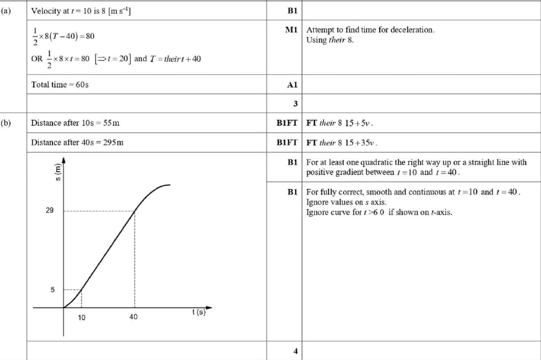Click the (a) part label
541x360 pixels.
(x=6, y=10)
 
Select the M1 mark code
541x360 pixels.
(x=292, y=30)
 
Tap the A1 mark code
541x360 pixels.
(x=292, y=85)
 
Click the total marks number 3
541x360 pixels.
(x=295, y=104)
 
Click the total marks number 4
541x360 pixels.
(x=295, y=351)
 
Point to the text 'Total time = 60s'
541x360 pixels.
(x=60, y=85)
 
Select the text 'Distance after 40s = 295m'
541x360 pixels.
(x=77, y=143)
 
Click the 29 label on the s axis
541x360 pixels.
(x=50, y=210)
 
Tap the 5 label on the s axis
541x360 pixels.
(x=52, y=289)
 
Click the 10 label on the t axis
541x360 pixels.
(x=81, y=318)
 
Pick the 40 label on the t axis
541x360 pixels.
(x=133, y=317)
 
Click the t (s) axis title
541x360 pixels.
(x=199, y=312)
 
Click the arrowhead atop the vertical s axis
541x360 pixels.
(x=63, y=160)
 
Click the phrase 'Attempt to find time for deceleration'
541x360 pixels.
(x=370, y=30)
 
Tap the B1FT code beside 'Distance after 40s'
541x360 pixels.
(x=287, y=143)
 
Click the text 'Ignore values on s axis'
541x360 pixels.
(x=346, y=202)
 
